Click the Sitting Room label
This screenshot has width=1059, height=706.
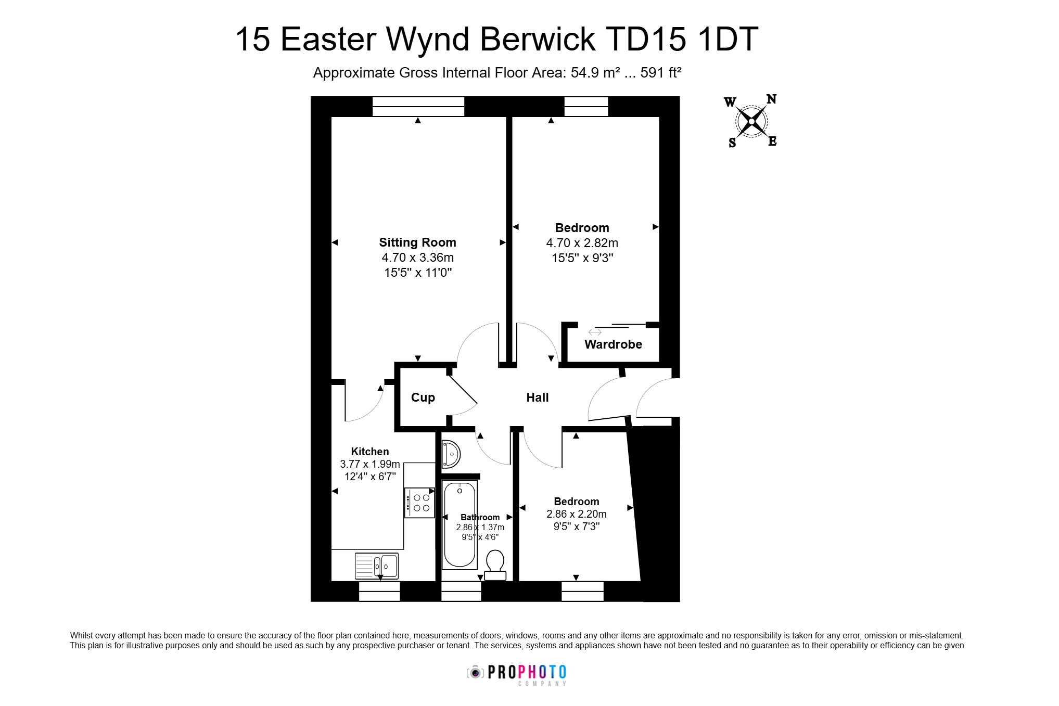[x=417, y=242]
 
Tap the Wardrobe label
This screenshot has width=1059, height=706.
[x=613, y=344]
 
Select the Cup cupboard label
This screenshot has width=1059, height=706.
[x=423, y=397]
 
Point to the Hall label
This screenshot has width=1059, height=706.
[x=538, y=397]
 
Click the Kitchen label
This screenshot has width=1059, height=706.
[x=370, y=452]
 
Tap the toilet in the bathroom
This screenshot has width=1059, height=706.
[x=495, y=564]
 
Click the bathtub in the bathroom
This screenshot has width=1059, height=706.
[x=459, y=524]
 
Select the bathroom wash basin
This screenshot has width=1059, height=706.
[x=451, y=454]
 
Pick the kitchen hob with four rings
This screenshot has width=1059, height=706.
[x=419, y=503]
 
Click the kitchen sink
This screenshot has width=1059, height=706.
[x=376, y=566]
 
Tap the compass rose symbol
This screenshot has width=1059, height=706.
[x=751, y=122]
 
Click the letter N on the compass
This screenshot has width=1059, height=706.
[x=771, y=99]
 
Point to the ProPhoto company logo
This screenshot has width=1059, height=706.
[x=516, y=675]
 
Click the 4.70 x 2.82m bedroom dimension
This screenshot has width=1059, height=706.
[x=582, y=243]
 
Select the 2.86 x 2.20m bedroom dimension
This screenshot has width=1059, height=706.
[x=577, y=514]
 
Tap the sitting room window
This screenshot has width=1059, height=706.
[x=418, y=107]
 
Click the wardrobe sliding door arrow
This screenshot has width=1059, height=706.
[x=595, y=332]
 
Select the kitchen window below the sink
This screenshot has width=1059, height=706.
[x=379, y=591]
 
